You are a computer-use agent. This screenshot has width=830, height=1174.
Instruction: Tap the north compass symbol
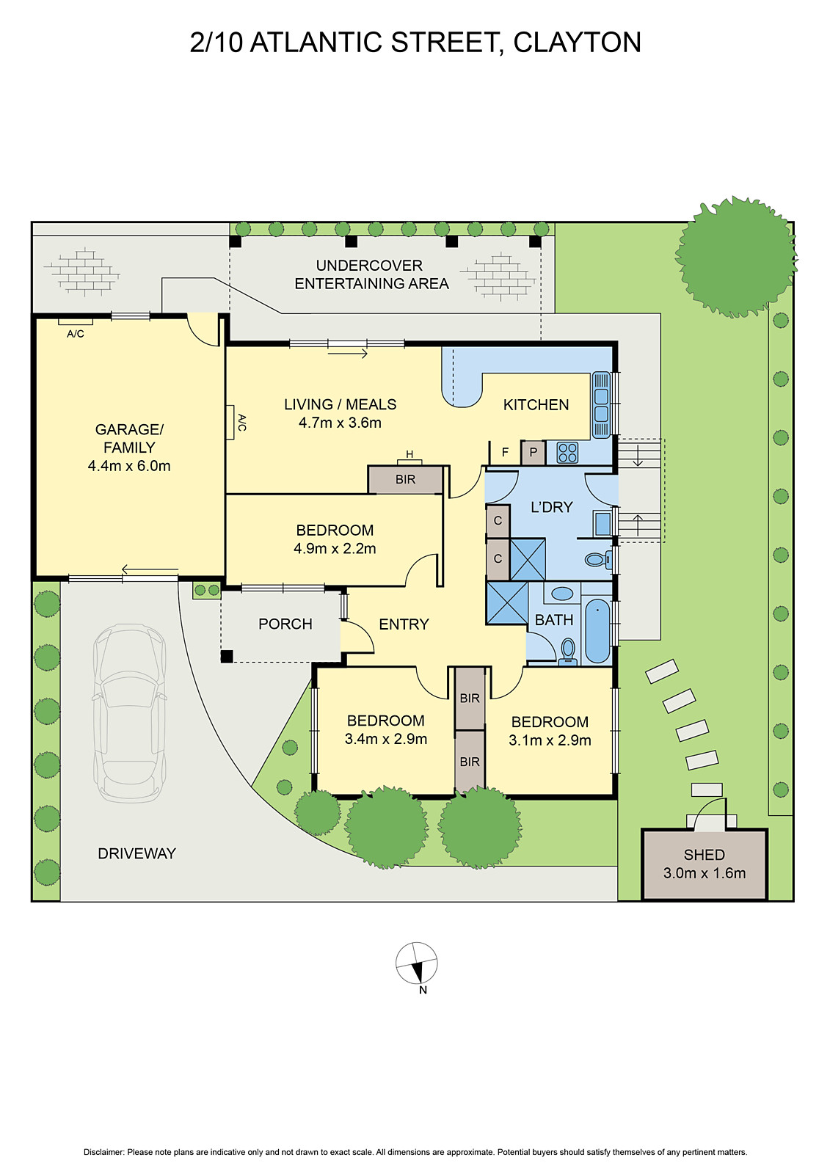(417, 963)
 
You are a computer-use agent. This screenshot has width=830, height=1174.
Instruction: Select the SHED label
(704, 855)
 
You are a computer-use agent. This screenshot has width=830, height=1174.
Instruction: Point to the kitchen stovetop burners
(567, 453)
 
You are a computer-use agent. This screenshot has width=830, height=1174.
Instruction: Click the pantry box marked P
(534, 453)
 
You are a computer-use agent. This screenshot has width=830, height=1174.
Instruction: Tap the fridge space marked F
(505, 453)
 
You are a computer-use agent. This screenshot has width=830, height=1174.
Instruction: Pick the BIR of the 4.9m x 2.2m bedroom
(406, 480)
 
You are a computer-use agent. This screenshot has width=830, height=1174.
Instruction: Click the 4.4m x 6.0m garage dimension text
(129, 466)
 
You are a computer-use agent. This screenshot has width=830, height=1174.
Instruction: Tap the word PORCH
(285, 624)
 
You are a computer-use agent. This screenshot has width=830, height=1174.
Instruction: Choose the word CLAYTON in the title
(577, 43)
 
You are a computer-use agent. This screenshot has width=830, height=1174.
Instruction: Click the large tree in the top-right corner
(735, 257)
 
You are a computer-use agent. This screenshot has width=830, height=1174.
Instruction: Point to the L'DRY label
(552, 507)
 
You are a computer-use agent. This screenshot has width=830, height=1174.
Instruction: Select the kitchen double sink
(601, 404)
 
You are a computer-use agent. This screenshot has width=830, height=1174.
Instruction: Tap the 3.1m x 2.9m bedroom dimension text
(550, 740)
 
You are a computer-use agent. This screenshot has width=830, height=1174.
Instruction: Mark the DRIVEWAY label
(137, 853)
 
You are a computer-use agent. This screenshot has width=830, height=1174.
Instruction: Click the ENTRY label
(404, 624)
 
